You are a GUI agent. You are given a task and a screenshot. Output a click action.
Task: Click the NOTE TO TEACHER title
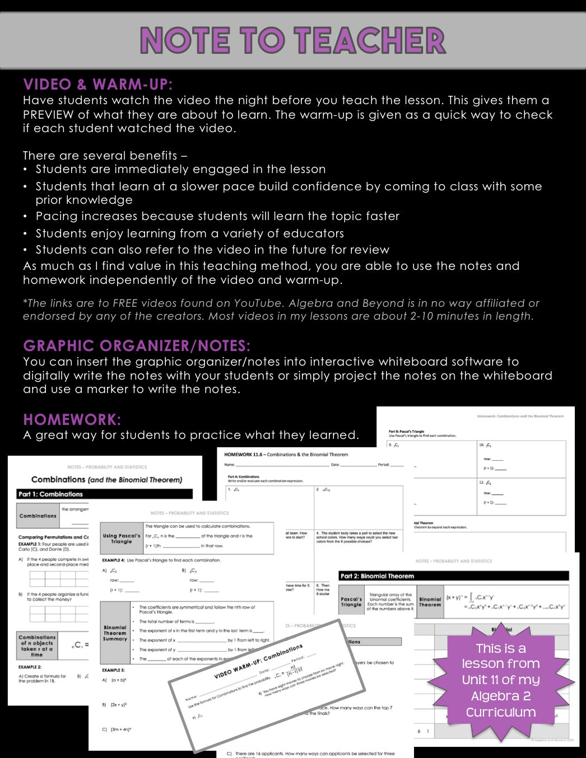(292, 41)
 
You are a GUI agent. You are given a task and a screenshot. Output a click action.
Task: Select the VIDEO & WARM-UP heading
(98, 85)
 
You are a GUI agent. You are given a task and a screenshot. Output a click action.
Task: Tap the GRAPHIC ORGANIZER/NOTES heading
(137, 346)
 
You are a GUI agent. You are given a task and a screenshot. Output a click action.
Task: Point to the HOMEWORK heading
(72, 419)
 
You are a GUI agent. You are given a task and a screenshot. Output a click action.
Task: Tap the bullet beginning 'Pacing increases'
(217, 216)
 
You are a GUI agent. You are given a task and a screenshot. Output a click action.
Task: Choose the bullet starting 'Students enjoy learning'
(189, 233)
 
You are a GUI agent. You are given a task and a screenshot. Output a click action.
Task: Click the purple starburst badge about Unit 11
(500, 680)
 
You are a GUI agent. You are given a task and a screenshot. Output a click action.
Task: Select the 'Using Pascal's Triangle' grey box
(122, 539)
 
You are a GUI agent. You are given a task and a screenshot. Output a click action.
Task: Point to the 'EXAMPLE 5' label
(113, 670)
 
